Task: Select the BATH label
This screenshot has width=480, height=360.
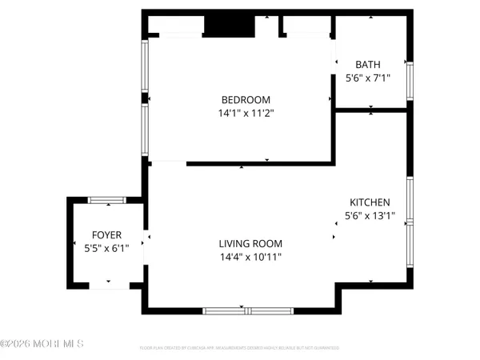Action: [369, 65]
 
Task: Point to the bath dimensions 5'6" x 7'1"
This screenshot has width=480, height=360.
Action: [369, 79]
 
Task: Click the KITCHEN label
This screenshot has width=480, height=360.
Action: [370, 202]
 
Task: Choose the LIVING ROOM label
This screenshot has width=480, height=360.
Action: [250, 243]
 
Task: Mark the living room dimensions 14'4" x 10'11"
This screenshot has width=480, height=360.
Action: [250, 257]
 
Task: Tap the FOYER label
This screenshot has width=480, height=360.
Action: [106, 234]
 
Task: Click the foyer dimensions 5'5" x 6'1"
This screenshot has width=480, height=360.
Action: [106, 249]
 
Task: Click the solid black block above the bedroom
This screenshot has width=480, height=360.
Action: [228, 26]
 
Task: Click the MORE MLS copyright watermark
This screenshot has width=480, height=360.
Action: [42, 345]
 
